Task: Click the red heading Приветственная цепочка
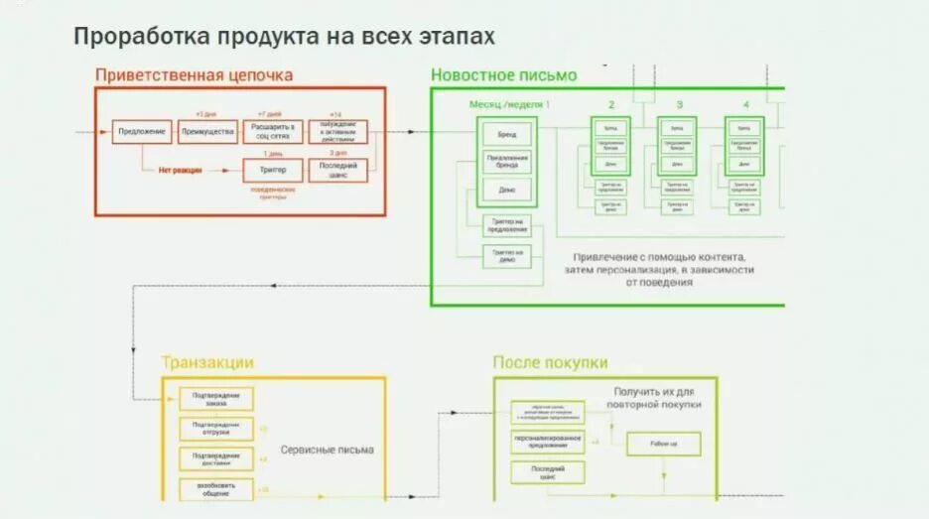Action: (x=195, y=74)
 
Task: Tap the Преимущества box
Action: (x=207, y=132)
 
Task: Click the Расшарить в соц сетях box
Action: (x=272, y=132)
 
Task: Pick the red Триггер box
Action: (x=272, y=171)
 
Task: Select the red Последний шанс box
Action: (x=337, y=171)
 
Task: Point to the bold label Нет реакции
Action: (x=180, y=171)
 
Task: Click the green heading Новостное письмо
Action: (x=503, y=74)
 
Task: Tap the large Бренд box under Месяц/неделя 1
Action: (x=507, y=133)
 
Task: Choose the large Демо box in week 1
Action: (x=507, y=190)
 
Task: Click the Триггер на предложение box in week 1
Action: (x=506, y=226)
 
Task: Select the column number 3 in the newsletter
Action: (x=679, y=104)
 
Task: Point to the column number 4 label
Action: (x=745, y=104)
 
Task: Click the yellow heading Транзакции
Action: (x=207, y=362)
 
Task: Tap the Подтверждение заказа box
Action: (x=216, y=399)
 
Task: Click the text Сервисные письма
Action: (x=328, y=450)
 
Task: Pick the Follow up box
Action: (x=662, y=443)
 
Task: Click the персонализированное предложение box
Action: (x=548, y=442)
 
